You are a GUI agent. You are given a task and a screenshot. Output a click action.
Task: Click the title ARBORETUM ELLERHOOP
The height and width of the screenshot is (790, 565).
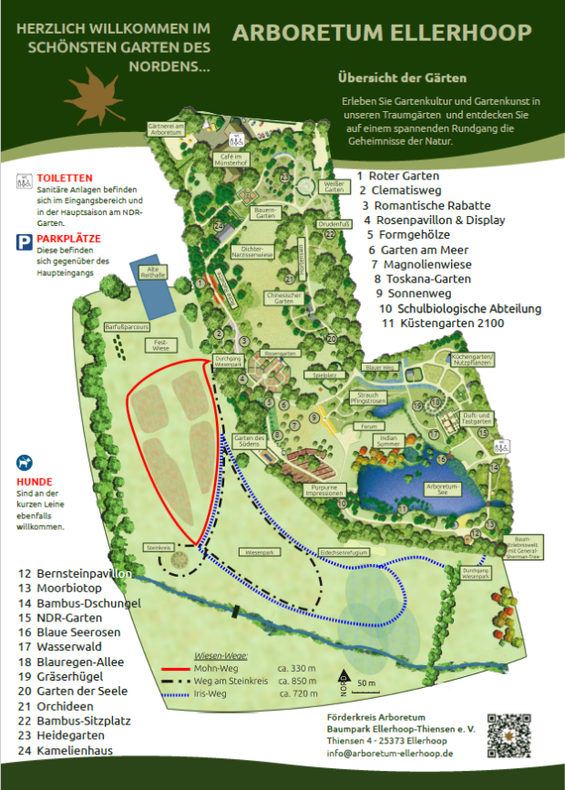point(382,34)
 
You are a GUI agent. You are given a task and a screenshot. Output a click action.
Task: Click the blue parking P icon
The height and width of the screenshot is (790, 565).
point(24,241)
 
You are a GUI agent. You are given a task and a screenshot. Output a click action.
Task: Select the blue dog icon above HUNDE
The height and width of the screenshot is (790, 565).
point(24,464)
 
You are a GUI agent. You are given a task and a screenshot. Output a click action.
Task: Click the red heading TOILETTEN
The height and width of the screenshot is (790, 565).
point(65,178)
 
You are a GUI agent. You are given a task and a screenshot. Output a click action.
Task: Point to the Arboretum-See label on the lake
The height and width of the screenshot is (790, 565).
point(442,489)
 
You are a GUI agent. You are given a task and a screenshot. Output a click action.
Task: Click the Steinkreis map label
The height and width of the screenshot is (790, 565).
point(158,547)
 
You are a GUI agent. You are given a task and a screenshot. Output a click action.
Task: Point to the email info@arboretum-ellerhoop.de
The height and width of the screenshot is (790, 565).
point(391,753)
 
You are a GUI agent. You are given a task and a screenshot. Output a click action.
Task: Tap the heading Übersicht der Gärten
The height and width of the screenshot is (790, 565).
point(402,77)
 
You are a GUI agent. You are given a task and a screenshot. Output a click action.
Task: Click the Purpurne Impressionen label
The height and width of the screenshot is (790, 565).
point(325,490)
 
